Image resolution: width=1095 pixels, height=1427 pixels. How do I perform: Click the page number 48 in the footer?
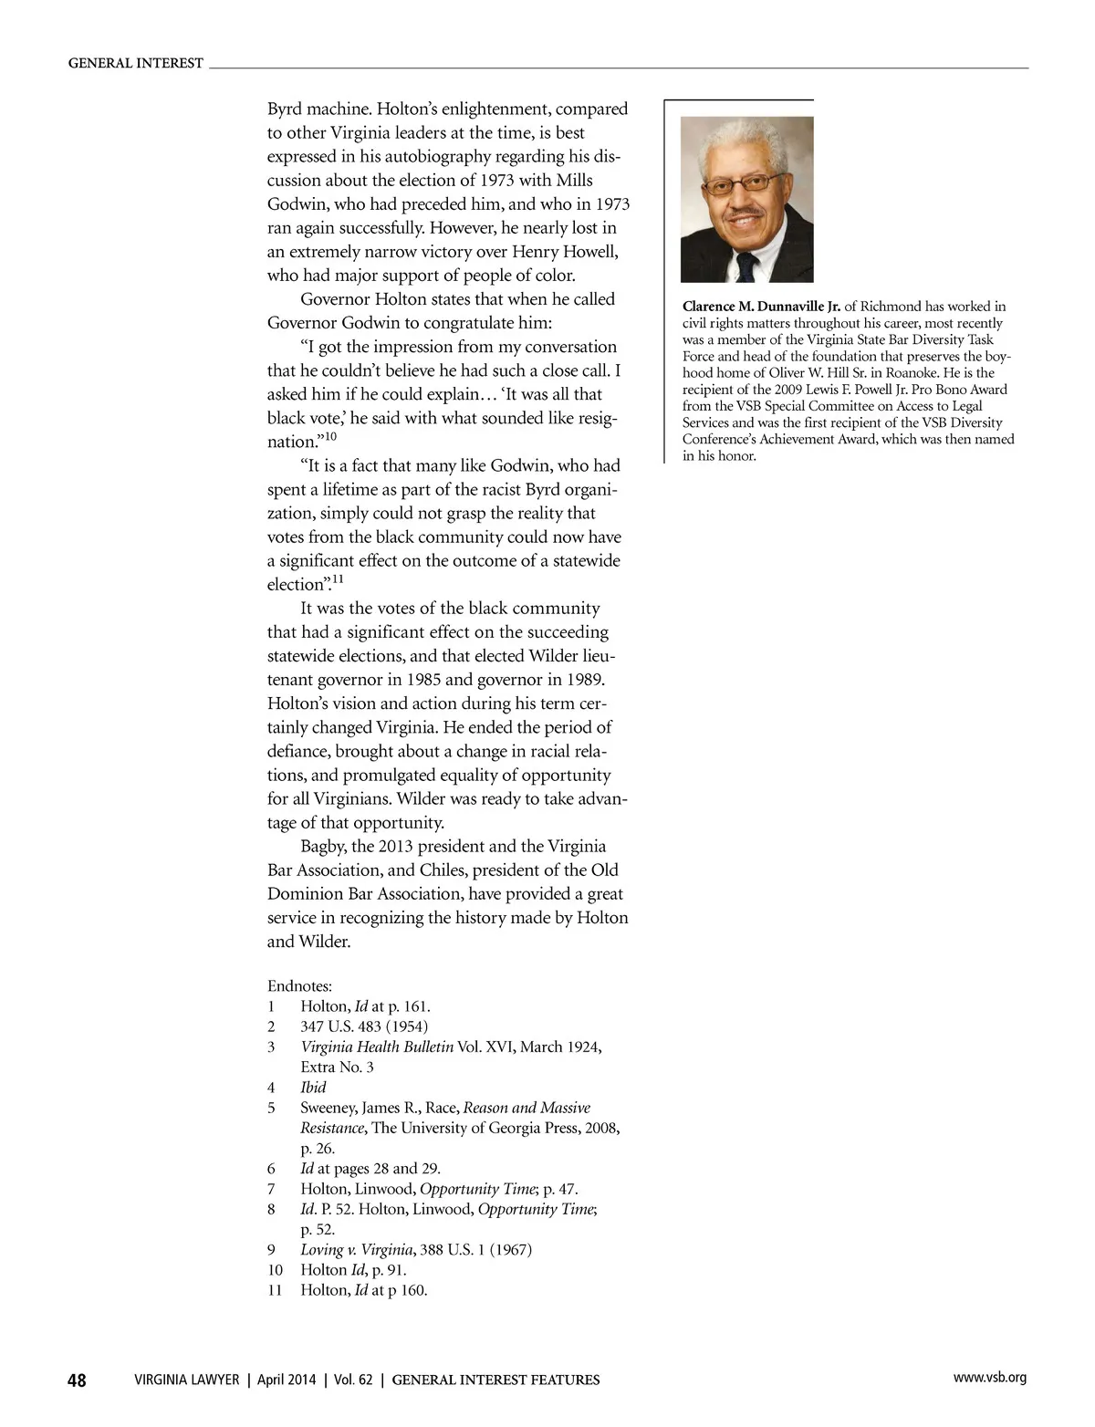pos(77,1406)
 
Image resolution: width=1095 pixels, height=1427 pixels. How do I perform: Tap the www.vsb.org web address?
pos(989,1403)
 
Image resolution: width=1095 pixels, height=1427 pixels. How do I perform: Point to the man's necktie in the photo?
pos(747,266)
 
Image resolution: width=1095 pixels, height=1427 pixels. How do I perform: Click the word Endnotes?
pos(299,986)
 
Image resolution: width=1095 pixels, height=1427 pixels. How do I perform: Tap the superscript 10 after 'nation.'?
pos(331,436)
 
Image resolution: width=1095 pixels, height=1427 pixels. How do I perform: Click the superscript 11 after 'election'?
pos(338,579)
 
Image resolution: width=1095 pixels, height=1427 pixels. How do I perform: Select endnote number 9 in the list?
pos(271,1249)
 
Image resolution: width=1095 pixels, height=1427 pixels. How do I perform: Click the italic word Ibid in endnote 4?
pos(313,1088)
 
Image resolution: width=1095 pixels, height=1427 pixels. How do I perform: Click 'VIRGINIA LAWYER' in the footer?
pos(186,1406)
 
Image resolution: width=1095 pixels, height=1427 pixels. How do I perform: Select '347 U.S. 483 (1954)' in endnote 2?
pos(364,1026)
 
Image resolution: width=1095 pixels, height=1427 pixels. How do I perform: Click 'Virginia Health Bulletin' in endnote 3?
pos(377,1047)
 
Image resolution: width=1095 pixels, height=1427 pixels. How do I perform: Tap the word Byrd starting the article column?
pos(286,109)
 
